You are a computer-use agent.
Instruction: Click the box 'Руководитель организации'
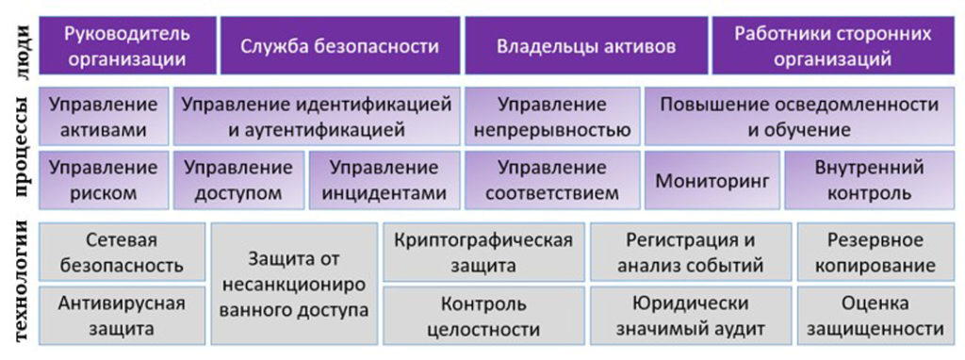pyautogui.click(x=127, y=45)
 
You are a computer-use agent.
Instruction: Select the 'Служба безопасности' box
pyautogui.click(x=339, y=45)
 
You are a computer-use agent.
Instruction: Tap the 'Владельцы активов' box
pyautogui.click(x=586, y=45)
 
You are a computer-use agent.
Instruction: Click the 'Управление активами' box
pyautogui.click(x=104, y=116)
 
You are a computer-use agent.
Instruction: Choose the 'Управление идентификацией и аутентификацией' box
pyautogui.click(x=317, y=116)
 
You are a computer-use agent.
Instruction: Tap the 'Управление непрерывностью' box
pyautogui.click(x=552, y=116)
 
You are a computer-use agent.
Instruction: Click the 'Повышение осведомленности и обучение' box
pyautogui.click(x=799, y=116)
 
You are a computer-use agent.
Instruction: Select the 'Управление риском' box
pyautogui.click(x=104, y=180)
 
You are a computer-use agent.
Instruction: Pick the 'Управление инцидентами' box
pyautogui.click(x=384, y=180)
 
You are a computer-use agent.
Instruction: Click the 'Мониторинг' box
pyautogui.click(x=712, y=180)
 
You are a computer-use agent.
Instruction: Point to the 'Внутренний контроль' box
pyautogui.click(x=869, y=180)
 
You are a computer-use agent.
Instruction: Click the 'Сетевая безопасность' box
pyautogui.click(x=122, y=252)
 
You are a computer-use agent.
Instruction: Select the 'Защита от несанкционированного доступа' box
pyautogui.click(x=294, y=284)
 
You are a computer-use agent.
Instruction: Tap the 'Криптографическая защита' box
pyautogui.click(x=483, y=252)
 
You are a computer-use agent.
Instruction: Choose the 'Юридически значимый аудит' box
pyautogui.click(x=691, y=315)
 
